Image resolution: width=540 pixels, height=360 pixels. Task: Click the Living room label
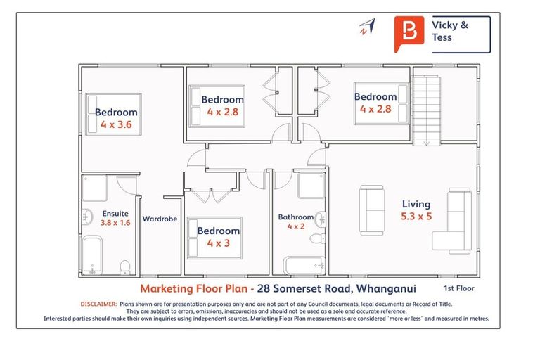(x=416, y=204)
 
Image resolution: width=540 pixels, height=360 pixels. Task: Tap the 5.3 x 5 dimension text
(x=416, y=217)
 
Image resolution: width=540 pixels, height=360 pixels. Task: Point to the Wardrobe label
(x=160, y=219)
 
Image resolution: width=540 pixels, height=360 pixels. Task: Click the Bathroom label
(x=296, y=217)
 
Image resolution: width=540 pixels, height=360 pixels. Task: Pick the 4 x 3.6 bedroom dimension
(x=116, y=124)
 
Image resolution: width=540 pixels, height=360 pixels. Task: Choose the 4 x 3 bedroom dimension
(x=218, y=243)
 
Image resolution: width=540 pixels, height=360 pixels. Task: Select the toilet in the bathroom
(x=316, y=240)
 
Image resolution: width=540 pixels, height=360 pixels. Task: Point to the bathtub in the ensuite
(x=92, y=254)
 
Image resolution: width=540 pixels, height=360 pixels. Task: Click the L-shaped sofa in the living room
(x=454, y=220)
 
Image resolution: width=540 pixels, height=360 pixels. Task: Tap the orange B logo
(x=408, y=33)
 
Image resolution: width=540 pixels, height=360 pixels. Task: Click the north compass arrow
(x=366, y=27)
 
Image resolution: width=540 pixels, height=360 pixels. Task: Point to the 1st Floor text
(x=458, y=288)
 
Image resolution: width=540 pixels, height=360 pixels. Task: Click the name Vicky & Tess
(x=450, y=31)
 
